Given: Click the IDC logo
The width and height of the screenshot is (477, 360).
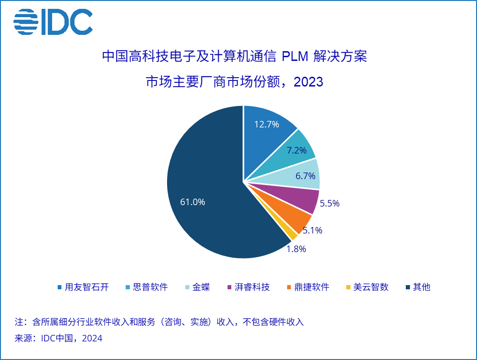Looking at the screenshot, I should tap(53, 22).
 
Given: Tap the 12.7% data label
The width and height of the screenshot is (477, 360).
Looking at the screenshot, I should tap(267, 124).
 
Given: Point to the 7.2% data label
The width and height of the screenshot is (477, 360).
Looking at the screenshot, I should tap(296, 150).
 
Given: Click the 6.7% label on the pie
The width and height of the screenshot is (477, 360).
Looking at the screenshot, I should tap(305, 176).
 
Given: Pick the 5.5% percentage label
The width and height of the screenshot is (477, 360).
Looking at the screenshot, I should tap(329, 203).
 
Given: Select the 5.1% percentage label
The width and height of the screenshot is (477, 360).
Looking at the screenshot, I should tap(312, 230).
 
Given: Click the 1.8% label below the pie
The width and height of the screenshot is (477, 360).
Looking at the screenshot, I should tap(296, 249).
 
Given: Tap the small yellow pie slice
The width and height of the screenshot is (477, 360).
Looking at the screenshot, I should tap(293, 234).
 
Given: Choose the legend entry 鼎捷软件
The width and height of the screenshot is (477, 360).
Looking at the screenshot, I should tap(311, 287).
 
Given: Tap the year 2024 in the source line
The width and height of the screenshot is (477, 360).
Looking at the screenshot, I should tap(92, 339).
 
